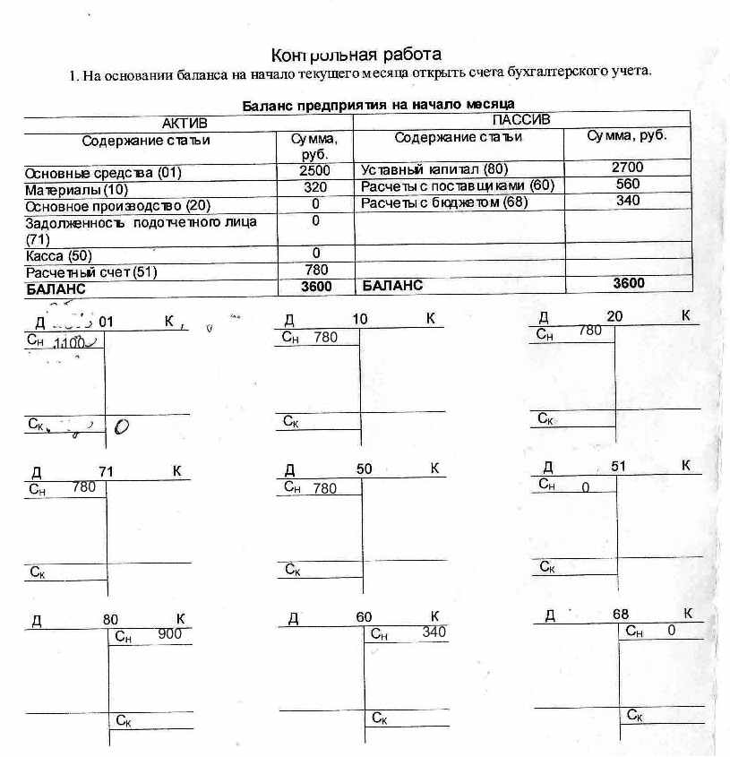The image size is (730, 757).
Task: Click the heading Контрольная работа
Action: click(356, 55)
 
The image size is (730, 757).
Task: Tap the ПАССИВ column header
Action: click(520, 120)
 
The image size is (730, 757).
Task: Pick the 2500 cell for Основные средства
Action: click(314, 170)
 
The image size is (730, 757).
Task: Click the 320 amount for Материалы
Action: click(314, 187)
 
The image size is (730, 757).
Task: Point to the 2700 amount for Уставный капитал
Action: click(627, 168)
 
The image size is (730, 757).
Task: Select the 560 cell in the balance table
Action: click(627, 184)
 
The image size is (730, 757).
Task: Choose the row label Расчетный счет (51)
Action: click(84, 271)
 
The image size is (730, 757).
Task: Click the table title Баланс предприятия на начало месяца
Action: click(378, 105)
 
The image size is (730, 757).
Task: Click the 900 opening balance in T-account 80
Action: click(169, 634)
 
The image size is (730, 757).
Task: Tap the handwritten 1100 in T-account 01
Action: click(70, 342)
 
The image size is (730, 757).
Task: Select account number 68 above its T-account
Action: click(621, 615)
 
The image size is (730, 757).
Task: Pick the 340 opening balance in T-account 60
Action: click(434, 632)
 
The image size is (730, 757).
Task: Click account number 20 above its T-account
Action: click(614, 316)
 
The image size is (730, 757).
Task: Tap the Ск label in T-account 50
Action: click(292, 569)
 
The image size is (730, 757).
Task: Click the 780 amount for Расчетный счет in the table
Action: click(316, 270)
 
